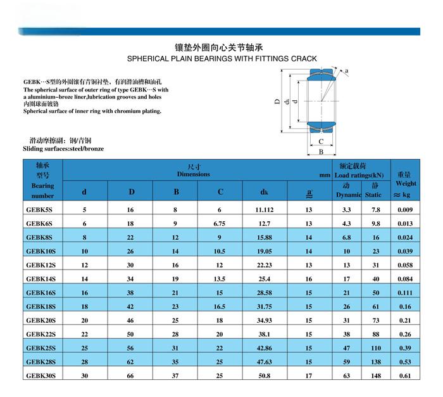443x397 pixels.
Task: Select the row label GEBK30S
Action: (x=41, y=375)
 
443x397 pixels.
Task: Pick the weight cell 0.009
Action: (x=405, y=209)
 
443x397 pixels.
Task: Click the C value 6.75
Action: (x=220, y=223)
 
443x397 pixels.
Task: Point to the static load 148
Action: (x=376, y=375)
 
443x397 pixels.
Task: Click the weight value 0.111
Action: (x=405, y=292)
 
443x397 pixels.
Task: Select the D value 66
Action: (x=131, y=375)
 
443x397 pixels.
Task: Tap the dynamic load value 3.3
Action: (x=347, y=209)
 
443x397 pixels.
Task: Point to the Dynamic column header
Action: (x=348, y=195)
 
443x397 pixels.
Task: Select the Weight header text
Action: (x=406, y=183)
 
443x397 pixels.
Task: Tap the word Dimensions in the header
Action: (x=193, y=174)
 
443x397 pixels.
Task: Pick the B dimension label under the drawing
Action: (x=321, y=152)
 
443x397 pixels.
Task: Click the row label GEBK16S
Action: (x=41, y=292)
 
